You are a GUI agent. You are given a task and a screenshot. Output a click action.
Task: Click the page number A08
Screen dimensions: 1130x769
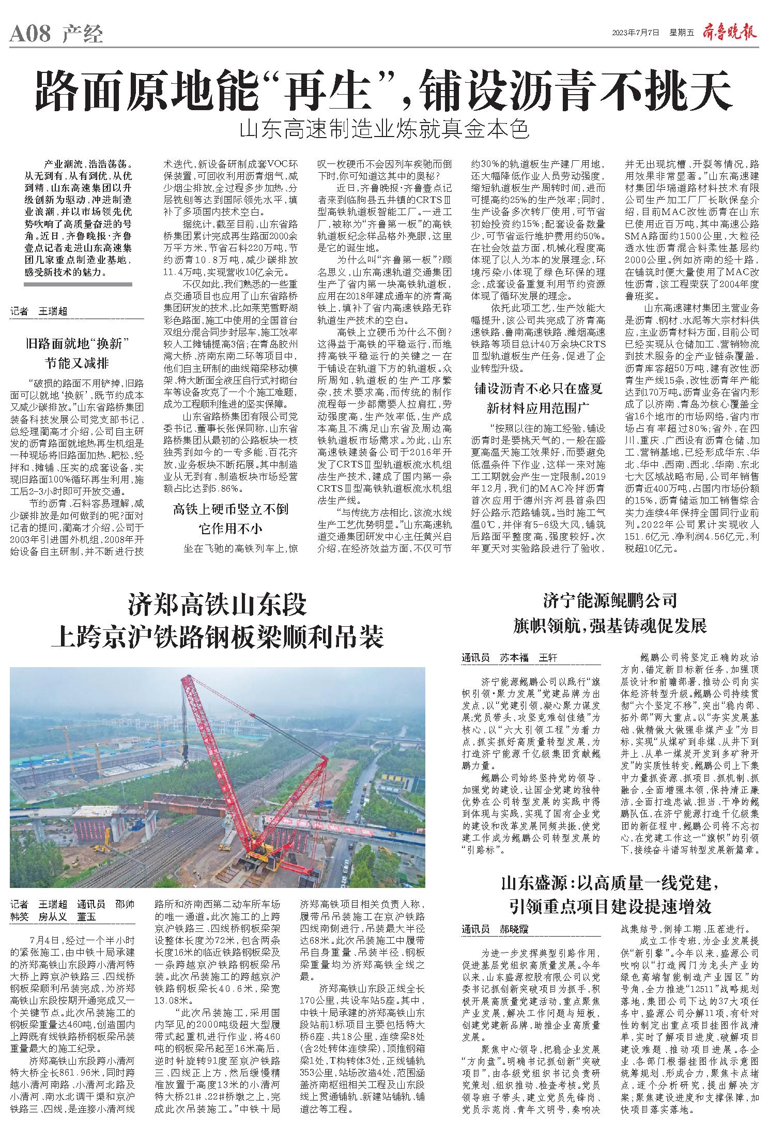click(30, 34)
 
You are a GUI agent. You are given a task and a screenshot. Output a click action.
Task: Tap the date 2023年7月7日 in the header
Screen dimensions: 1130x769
click(636, 33)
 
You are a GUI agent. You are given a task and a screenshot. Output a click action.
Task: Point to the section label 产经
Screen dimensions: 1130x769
click(83, 34)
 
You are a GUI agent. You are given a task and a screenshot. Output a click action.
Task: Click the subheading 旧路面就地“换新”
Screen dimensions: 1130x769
click(77, 343)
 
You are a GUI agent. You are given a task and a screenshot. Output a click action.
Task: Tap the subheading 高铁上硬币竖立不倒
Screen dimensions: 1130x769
click(230, 509)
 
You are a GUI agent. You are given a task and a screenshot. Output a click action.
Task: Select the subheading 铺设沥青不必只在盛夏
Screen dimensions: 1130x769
click(537, 388)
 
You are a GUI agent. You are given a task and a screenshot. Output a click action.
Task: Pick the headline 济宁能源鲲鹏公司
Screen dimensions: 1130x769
click(610, 601)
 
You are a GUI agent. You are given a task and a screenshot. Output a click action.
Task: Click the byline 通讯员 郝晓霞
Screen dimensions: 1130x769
click(495, 929)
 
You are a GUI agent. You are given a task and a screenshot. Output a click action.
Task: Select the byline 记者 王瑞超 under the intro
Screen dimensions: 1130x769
click(39, 311)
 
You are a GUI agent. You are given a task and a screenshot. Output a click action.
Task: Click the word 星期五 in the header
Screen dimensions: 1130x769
click(681, 33)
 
